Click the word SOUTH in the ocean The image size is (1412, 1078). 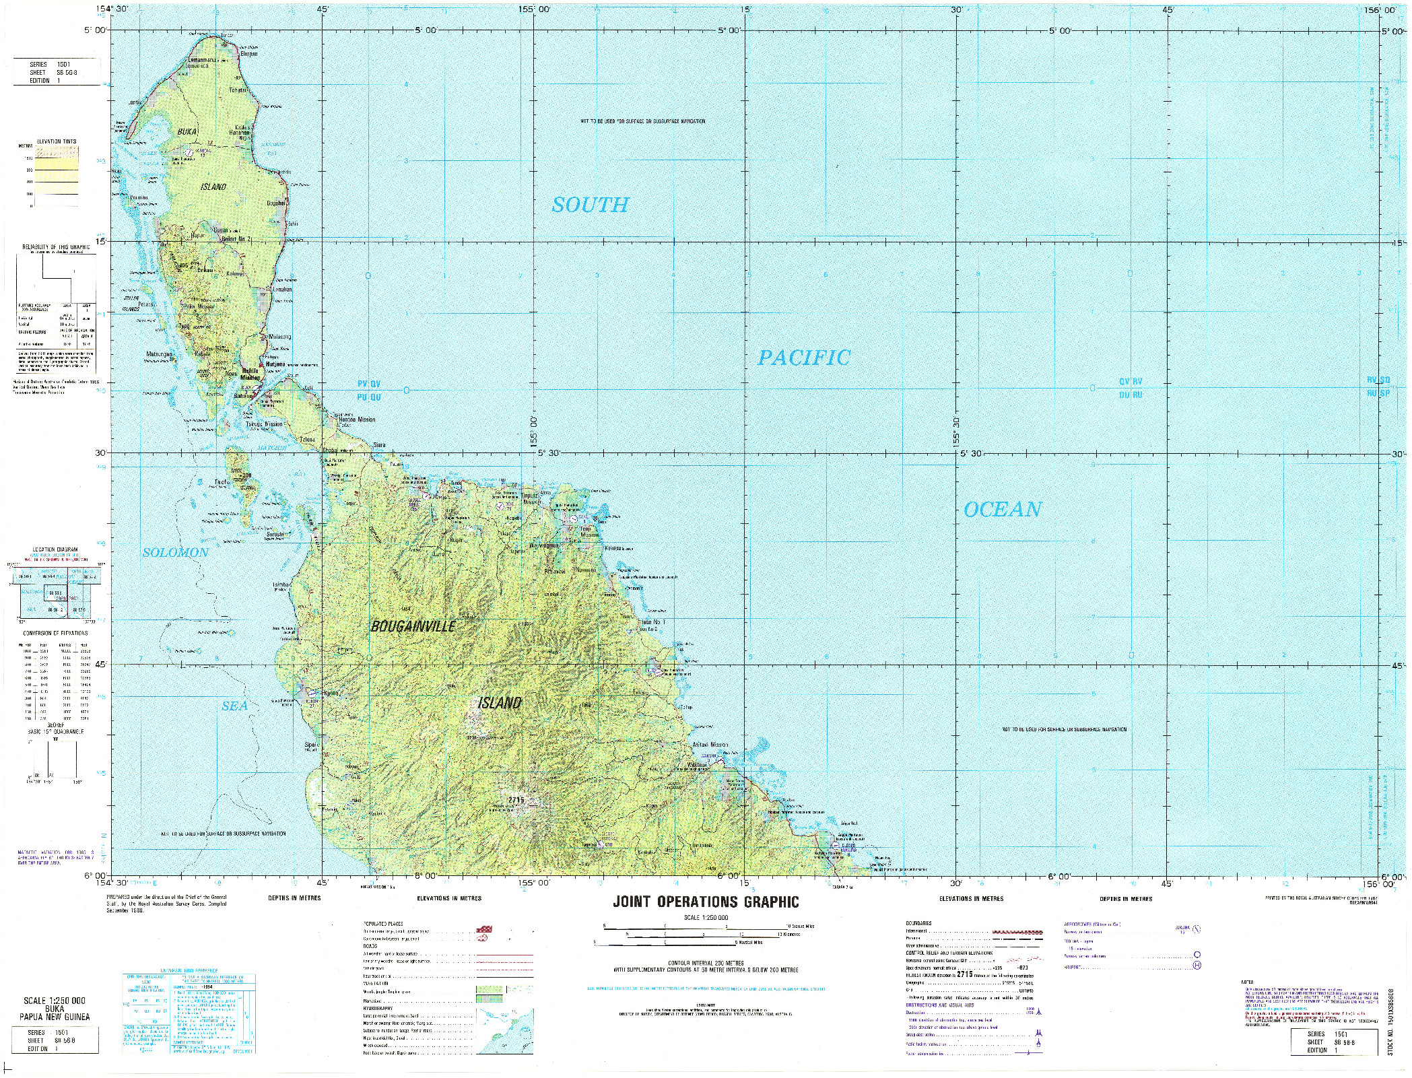click(x=590, y=205)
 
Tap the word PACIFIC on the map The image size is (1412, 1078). click(x=804, y=358)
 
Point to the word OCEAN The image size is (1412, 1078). click(x=1003, y=510)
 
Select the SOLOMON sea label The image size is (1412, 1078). click(x=175, y=552)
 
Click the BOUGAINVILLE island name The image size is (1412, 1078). click(x=413, y=626)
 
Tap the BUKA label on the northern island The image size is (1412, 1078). click(x=187, y=133)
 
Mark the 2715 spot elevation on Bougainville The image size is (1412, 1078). click(x=516, y=800)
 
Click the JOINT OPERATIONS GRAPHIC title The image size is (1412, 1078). click(x=706, y=902)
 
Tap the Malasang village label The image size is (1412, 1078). click(x=279, y=336)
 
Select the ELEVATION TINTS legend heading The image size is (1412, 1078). click(x=57, y=141)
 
